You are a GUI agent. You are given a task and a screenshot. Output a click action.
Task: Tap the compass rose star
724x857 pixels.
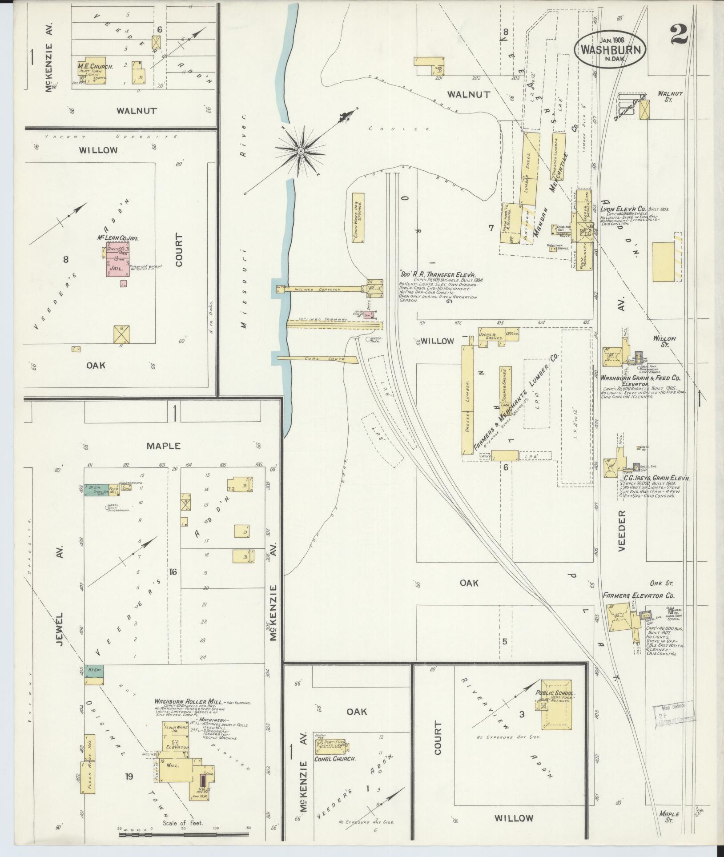(301, 152)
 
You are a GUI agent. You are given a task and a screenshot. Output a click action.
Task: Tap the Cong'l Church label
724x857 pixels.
(335, 759)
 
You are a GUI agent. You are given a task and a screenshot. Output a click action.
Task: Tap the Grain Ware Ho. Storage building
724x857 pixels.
(358, 217)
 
